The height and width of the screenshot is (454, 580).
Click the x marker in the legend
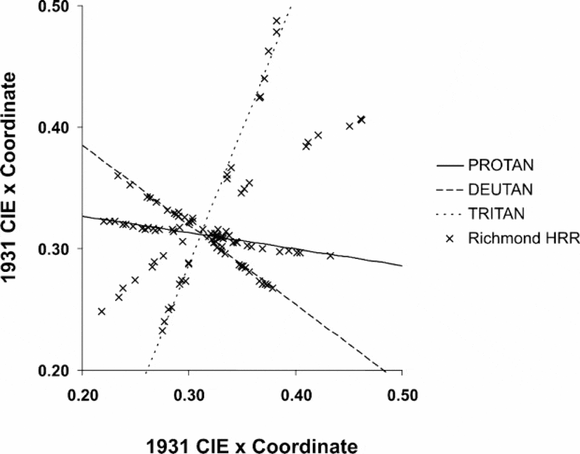(x=449, y=238)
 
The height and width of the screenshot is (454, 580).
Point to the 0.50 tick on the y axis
(x=56, y=6)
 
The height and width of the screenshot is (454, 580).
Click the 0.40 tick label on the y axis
(x=56, y=127)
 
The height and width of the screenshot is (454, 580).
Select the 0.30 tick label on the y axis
(x=56, y=248)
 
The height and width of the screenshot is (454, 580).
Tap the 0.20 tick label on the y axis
(x=56, y=370)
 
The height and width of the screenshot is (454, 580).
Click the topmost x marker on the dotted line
(x=276, y=21)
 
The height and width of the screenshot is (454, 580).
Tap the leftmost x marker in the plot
(x=102, y=311)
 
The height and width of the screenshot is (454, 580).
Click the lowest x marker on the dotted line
(x=162, y=331)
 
